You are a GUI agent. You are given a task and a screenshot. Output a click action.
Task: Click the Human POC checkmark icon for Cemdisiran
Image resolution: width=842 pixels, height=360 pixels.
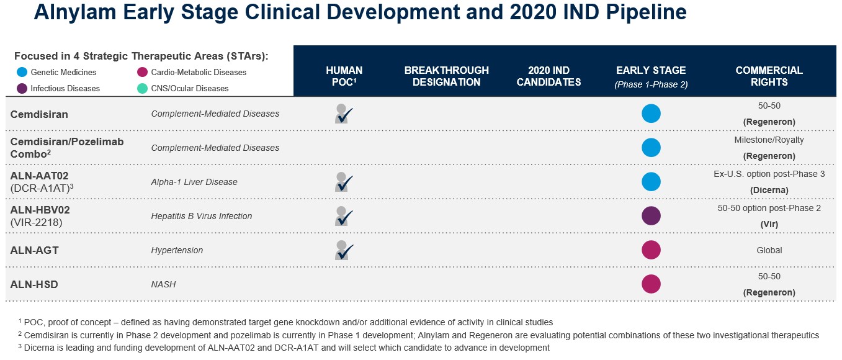click(343, 114)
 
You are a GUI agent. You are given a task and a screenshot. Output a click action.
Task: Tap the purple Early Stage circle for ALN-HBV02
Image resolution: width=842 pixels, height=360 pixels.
click(651, 216)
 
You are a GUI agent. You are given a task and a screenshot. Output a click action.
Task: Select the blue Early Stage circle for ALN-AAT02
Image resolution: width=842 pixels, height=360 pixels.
click(651, 182)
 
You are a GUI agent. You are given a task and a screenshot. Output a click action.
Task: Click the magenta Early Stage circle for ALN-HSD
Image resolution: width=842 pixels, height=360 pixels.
click(651, 284)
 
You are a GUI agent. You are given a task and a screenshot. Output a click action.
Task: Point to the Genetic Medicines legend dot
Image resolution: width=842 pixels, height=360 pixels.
click(22, 72)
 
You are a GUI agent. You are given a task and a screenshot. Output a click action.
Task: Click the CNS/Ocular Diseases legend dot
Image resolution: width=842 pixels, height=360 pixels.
click(142, 88)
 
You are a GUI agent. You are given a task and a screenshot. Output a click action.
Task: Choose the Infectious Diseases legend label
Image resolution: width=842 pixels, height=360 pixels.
click(65, 88)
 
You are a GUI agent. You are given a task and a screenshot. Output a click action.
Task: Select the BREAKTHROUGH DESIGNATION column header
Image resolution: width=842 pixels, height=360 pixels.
click(446, 76)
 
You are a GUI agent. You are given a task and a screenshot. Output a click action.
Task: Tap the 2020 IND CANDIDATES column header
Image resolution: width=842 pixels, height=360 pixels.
click(549, 76)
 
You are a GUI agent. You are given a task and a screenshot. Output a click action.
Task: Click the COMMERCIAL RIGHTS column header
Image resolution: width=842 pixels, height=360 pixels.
click(769, 76)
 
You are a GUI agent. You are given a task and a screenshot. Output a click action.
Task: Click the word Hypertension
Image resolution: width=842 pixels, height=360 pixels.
click(177, 250)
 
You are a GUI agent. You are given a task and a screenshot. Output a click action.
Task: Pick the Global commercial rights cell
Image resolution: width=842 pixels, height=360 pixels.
click(769, 250)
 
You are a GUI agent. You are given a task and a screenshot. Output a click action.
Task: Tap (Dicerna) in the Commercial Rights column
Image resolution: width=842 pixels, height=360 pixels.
click(769, 190)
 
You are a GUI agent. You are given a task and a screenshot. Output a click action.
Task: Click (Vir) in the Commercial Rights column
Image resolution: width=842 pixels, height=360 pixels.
click(769, 224)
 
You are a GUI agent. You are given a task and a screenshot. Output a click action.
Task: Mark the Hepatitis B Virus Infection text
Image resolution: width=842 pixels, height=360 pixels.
click(202, 216)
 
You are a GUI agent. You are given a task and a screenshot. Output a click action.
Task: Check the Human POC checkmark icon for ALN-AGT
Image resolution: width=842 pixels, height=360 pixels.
click(343, 250)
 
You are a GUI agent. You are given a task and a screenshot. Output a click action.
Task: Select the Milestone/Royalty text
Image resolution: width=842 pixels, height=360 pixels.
click(769, 140)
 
